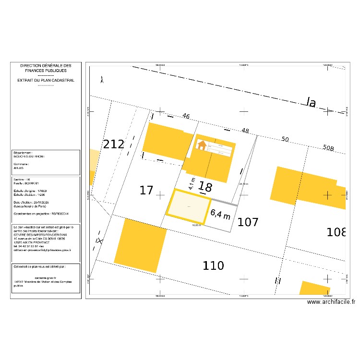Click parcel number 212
(x=114, y=144)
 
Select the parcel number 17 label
(x=146, y=190)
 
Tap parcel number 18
(x=205, y=187)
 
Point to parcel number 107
(x=248, y=222)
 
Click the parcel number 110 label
(x=213, y=265)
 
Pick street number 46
(x=186, y=116)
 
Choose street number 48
(x=245, y=131)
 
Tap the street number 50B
(x=328, y=148)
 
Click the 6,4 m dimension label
(x=220, y=213)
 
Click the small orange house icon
(x=202, y=144)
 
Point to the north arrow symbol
(x=102, y=81)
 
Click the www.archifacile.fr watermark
(x=331, y=302)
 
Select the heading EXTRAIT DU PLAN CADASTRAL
(x=46, y=81)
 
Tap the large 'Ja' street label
(x=311, y=102)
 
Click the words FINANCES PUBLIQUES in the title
(x=46, y=71)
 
